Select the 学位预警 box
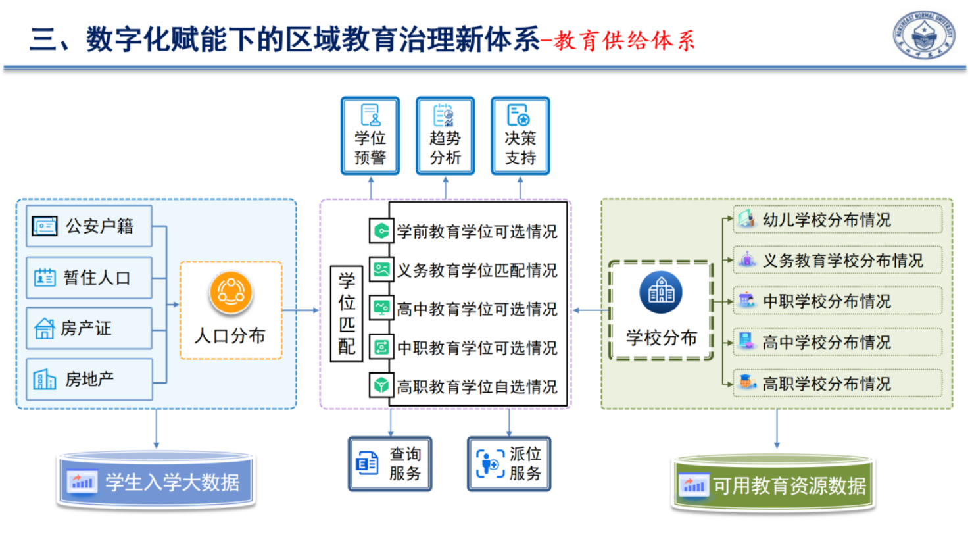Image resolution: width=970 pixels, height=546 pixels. (x=370, y=136)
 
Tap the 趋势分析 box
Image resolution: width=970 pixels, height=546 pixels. (x=445, y=136)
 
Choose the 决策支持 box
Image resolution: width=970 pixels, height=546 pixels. (x=520, y=136)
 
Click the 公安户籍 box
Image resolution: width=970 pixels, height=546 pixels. (x=89, y=226)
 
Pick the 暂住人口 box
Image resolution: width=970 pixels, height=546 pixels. (x=89, y=278)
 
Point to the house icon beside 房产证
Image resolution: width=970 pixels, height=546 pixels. (x=44, y=328)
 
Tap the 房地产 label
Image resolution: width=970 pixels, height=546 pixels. (x=89, y=380)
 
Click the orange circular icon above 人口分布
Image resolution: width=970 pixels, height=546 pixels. (x=231, y=293)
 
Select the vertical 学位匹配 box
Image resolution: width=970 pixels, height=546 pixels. (x=347, y=314)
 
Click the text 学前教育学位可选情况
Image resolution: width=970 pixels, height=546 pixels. (x=477, y=232)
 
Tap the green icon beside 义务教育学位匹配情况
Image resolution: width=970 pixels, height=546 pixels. (x=381, y=270)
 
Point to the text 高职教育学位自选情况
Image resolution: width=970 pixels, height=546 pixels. (x=477, y=387)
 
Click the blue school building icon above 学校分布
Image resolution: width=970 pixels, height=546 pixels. (x=661, y=292)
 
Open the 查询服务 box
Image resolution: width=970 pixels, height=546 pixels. (x=390, y=464)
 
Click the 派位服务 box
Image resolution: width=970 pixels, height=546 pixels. (x=509, y=464)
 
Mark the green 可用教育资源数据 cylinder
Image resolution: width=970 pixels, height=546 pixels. (x=773, y=485)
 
